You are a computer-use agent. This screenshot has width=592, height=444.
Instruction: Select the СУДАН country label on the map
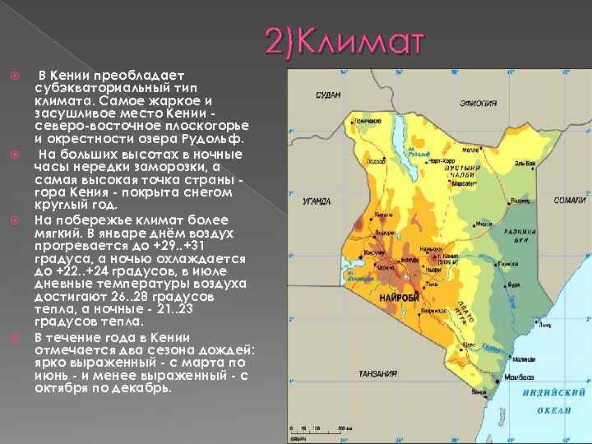point(328,95)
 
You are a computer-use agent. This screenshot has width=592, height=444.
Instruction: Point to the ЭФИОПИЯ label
point(478,103)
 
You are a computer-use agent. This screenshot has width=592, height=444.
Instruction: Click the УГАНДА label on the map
point(317,201)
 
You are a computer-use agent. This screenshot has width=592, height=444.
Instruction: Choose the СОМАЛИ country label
point(570,201)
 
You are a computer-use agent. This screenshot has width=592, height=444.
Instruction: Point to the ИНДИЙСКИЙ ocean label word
point(553,394)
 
